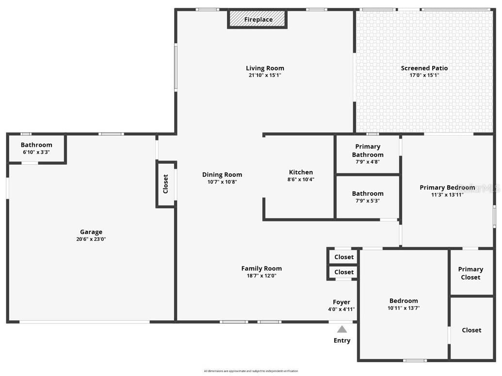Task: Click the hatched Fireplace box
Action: coord(258,19)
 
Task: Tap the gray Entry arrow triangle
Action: coord(342,329)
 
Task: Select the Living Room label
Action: coord(265,68)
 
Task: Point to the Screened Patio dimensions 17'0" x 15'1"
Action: coord(424,75)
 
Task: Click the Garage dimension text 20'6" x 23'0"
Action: coord(91,239)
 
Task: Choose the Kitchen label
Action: coord(301,172)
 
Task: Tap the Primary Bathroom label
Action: coord(368,151)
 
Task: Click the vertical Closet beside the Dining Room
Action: coord(165,184)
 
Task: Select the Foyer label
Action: coord(341,302)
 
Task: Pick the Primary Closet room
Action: coord(470,273)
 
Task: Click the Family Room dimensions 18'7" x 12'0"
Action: coord(261,276)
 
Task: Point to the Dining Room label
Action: coord(222,174)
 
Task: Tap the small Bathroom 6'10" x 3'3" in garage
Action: coord(36,148)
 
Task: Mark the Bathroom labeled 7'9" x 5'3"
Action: coord(368,197)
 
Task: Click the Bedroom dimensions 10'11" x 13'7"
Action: coord(404,308)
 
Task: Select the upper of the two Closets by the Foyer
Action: coord(344,257)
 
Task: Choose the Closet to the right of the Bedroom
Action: coord(471,330)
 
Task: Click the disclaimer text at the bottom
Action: coord(251,371)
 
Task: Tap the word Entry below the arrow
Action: coord(342,340)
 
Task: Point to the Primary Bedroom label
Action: coord(447,188)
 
